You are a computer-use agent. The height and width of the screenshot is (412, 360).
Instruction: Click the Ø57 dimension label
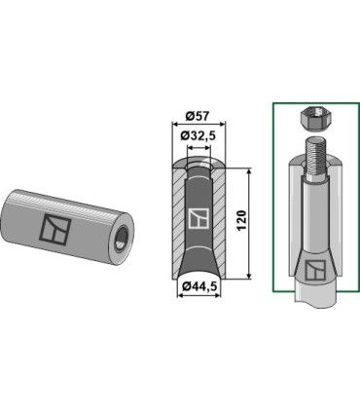point(198,116)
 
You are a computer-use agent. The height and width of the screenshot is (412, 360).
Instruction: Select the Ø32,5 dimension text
point(198,136)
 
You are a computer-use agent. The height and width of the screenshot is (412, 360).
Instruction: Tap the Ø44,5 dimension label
point(198,286)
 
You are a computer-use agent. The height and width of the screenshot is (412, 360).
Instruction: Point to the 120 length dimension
point(242,221)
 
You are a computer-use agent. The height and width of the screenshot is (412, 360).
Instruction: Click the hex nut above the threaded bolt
point(314,119)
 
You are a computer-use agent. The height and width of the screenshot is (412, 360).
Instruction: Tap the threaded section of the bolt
point(315,158)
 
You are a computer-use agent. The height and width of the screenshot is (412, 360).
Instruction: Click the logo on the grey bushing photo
point(55,229)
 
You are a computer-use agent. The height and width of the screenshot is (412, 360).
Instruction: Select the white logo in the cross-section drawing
point(198,219)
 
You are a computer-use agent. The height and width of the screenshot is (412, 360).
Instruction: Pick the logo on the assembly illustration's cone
point(315,271)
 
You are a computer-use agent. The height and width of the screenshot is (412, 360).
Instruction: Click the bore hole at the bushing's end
point(123,239)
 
